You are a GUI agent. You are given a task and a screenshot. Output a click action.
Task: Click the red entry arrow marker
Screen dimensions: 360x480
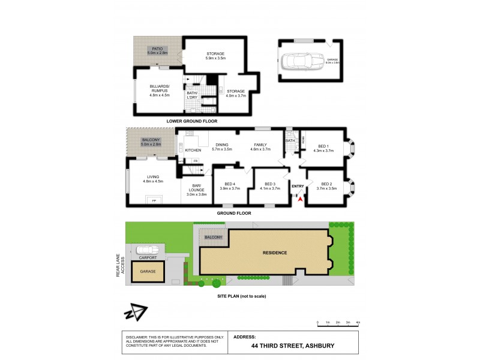[299, 199]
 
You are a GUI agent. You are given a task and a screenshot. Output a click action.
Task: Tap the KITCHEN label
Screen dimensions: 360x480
[193, 150]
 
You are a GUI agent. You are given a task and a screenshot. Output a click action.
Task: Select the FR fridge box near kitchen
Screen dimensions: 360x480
[196, 161]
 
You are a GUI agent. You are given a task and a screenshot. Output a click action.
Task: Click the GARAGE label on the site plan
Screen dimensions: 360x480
[148, 271]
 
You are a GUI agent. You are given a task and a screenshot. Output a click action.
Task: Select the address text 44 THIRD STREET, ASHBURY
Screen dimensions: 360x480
[293, 346]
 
